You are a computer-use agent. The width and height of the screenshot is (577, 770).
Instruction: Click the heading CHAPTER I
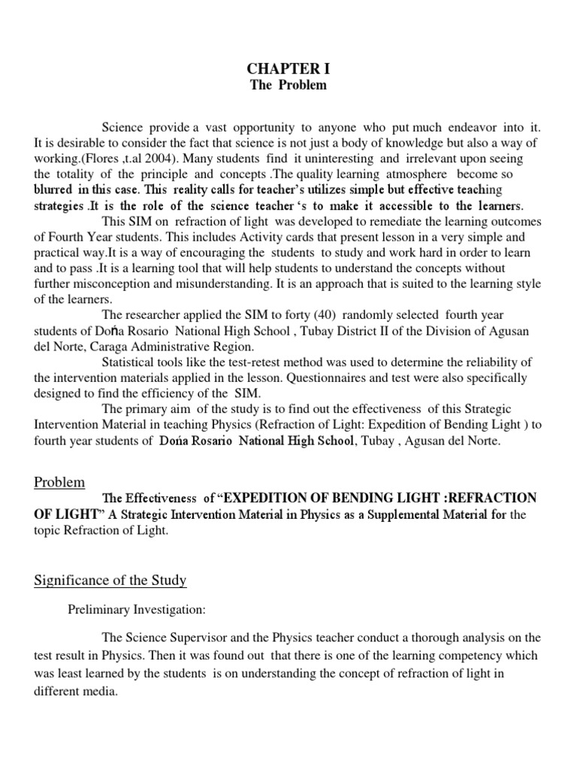pyautogui.click(x=288, y=69)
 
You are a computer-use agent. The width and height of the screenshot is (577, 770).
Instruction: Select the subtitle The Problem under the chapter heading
pyautogui.click(x=288, y=85)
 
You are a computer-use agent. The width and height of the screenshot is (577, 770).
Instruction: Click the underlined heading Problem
pyautogui.click(x=59, y=481)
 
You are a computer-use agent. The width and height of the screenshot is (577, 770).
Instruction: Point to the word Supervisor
pyautogui.click(x=213, y=638)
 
